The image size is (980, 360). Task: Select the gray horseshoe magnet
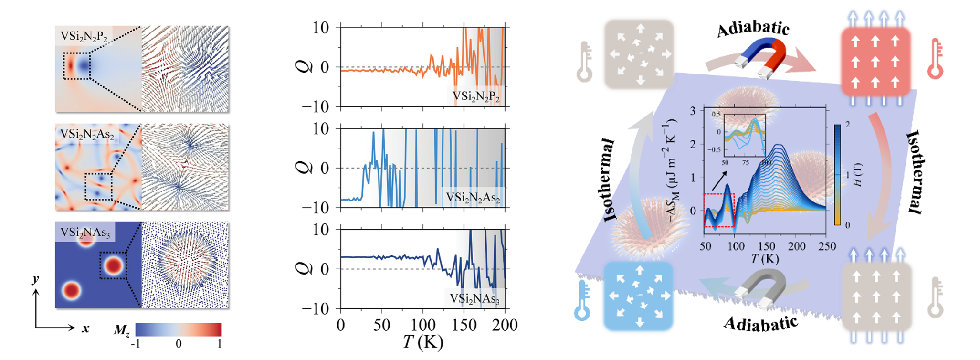pyautogui.click(x=762, y=288)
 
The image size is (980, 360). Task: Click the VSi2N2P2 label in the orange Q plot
pyautogui.click(x=475, y=97)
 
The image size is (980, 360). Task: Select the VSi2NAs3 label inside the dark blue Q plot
pyautogui.click(x=474, y=299)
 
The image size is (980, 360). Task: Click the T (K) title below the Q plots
pyautogui.click(x=423, y=342)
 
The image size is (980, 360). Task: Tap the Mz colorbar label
pyautogui.click(x=122, y=330)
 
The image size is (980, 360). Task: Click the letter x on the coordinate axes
pyautogui.click(x=85, y=328)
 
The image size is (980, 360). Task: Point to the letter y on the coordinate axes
pyautogui.click(x=35, y=278)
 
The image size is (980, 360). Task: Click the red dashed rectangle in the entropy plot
pyautogui.click(x=719, y=210)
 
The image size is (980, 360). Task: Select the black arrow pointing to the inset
pyautogui.click(x=719, y=182)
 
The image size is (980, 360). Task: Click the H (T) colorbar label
pyautogui.click(x=858, y=175)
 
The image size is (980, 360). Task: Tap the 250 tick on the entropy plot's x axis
pyautogui.click(x=827, y=246)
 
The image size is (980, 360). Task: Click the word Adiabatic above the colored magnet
pyautogui.click(x=753, y=28)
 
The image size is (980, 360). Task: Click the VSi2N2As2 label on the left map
pyautogui.click(x=87, y=135)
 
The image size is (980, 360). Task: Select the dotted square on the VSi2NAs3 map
pyautogui.click(x=114, y=266)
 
